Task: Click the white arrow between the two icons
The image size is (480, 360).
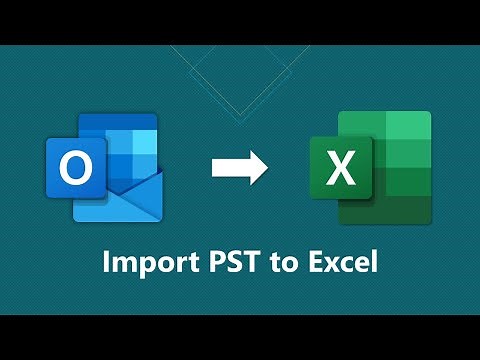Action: point(239,167)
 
